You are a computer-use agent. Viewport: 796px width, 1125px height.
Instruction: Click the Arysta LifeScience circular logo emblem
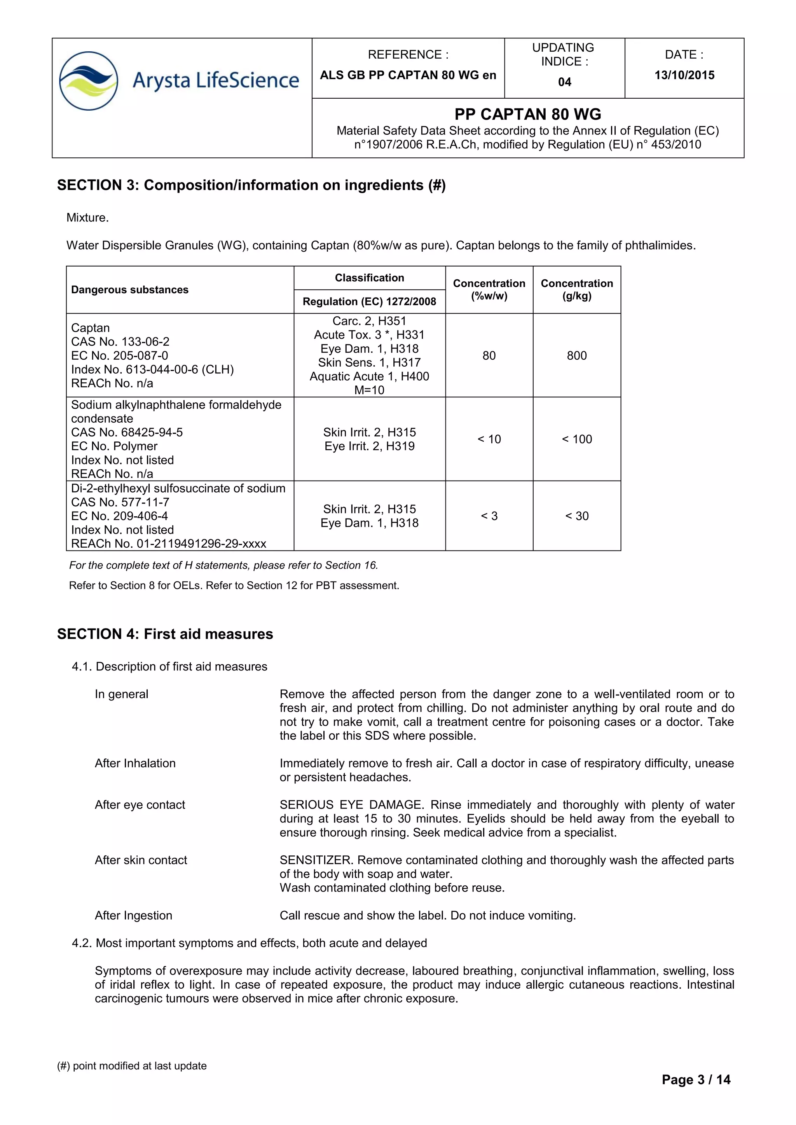point(88,81)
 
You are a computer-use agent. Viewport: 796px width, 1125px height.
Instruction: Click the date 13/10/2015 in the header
point(684,75)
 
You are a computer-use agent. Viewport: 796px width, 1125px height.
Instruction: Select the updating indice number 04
point(565,82)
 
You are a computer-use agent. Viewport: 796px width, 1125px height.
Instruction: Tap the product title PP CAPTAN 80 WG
point(528,114)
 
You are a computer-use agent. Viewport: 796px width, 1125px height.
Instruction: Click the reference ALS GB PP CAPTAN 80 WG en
point(408,75)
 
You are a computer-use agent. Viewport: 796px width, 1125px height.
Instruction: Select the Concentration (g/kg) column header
point(577,289)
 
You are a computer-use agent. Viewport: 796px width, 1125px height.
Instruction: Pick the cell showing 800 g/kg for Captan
point(577,356)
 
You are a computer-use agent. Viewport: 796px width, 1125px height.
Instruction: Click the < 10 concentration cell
point(489,439)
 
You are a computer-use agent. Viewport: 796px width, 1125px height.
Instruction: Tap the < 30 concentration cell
point(577,516)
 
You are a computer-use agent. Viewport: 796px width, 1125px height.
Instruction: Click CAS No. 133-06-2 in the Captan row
point(120,342)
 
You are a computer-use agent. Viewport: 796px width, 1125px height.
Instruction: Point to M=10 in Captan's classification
point(369,390)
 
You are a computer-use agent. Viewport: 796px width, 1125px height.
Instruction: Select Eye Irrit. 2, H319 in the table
point(369,446)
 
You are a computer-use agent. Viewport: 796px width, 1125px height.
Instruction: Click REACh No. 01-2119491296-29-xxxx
point(169,544)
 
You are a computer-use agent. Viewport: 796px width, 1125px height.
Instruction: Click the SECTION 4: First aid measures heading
point(165,634)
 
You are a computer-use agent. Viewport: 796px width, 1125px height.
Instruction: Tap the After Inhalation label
point(135,763)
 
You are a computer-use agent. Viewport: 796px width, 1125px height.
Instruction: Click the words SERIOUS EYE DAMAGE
point(351,805)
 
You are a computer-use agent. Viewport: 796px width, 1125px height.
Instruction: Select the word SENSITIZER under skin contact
point(316,860)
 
